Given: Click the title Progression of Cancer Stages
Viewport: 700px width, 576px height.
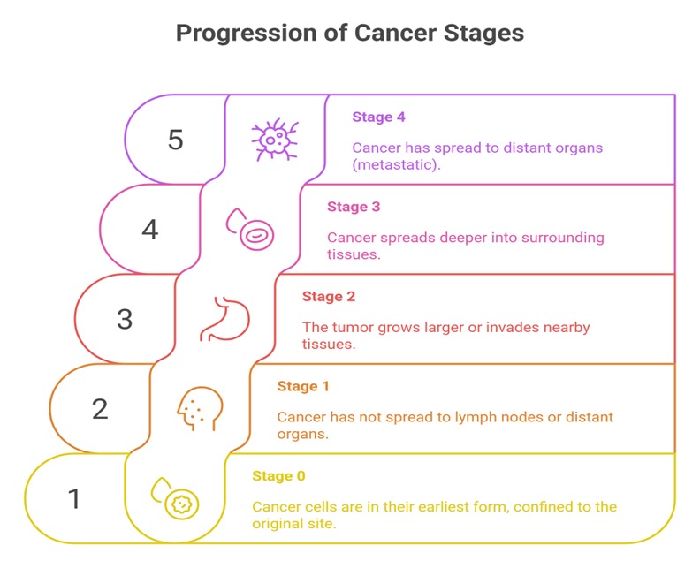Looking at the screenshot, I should coord(350,33).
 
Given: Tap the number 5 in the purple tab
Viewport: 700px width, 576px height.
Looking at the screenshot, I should coord(175,140).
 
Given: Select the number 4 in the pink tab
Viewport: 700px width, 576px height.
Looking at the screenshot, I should coord(150,230).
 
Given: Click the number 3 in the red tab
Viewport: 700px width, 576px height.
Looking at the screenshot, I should coord(125,319).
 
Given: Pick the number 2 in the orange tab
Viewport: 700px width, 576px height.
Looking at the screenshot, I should coord(100,408).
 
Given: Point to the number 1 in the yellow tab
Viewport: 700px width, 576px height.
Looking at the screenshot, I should coord(74,498).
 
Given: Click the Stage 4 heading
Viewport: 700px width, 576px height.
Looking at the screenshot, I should coord(378,117).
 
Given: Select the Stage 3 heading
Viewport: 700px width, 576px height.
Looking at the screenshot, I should coord(354,207).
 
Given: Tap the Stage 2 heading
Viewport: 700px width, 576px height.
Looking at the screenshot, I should coord(329,297).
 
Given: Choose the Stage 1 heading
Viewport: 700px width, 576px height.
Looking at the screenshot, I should coord(303,386).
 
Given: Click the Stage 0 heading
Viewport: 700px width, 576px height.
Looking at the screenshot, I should coord(278,476).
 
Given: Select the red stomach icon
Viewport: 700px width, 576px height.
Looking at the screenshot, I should coord(225,319).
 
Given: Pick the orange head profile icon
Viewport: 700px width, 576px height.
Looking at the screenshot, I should coord(196,409).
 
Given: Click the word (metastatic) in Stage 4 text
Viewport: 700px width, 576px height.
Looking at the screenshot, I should coord(396,165).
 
